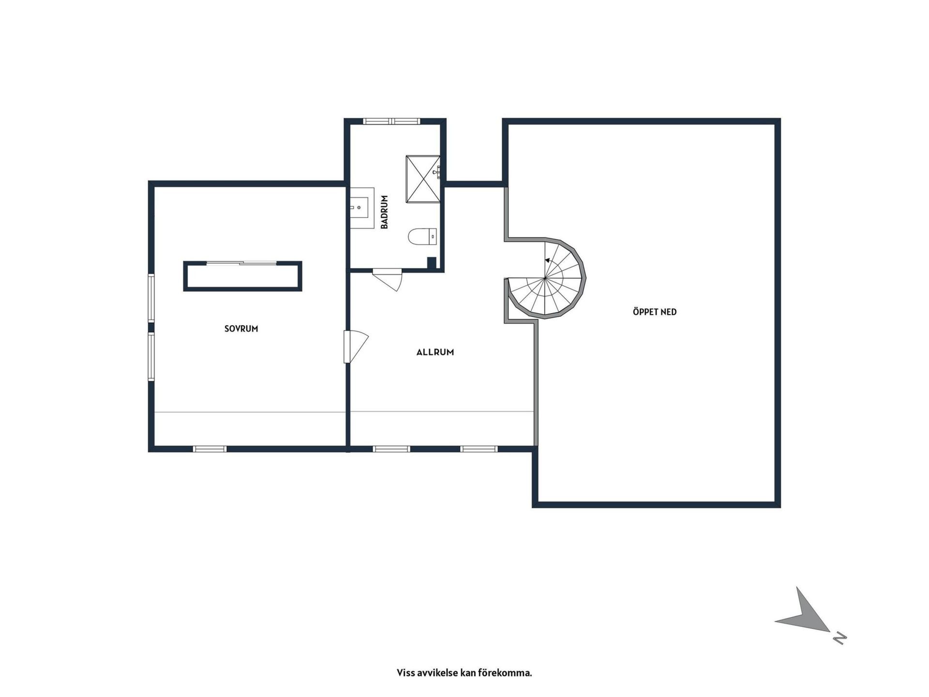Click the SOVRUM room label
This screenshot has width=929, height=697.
click(241, 329)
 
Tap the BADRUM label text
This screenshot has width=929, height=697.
click(385, 212)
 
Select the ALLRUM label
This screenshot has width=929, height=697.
click(435, 352)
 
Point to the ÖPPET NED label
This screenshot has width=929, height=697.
click(655, 312)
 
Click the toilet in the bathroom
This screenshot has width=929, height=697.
click(423, 237)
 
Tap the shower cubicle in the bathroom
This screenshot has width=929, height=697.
click(423, 179)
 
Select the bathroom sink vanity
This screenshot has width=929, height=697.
click(362, 208)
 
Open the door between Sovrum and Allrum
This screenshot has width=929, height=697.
click(356, 346)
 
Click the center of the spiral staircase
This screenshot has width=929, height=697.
click(545, 278)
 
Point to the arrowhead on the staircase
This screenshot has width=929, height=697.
click(548, 260)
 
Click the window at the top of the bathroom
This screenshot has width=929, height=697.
click(392, 121)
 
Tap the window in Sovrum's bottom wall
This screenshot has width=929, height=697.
click(210, 449)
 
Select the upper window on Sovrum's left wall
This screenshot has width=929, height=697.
click(151, 298)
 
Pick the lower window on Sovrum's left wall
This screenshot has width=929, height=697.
click(151, 357)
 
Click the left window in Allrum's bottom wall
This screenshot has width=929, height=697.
click(391, 449)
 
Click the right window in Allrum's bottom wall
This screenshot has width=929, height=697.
click(479, 449)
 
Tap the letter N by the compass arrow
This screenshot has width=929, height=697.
click(839, 638)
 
